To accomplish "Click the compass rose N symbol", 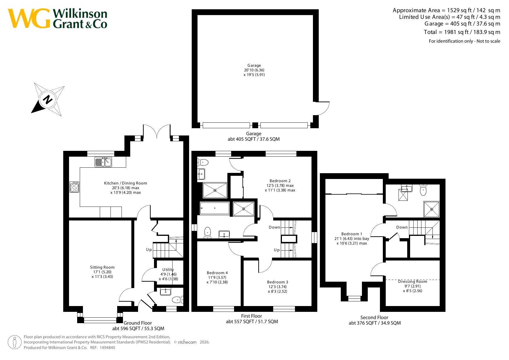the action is point(48,100).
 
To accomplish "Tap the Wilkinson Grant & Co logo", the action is point(57,19).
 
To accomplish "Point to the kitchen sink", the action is point(103,162).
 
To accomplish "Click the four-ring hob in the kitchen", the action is point(74,187).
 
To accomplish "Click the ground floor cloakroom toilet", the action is point(177,299).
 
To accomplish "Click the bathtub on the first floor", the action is point(215,208).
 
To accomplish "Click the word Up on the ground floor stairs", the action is point(149,250).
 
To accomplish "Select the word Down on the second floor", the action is point(402,227).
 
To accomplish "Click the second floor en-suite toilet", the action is point(423,190).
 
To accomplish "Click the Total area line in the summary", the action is point(462,32).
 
